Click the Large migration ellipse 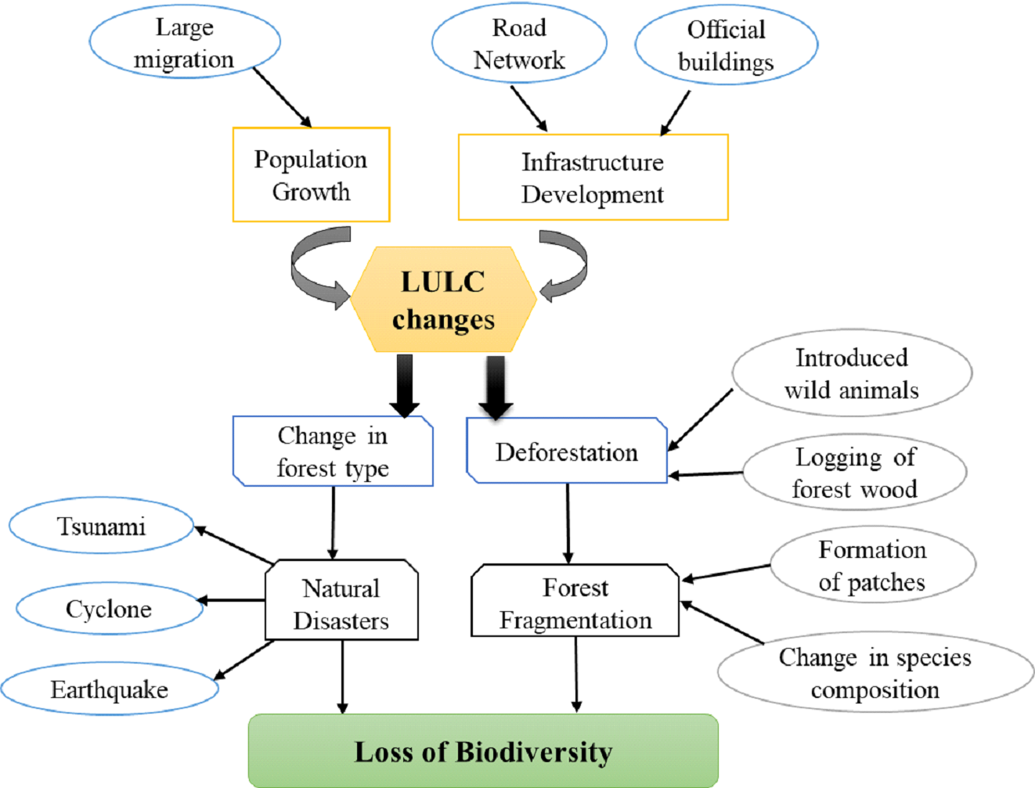tap(185, 43)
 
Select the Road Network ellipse tap(519, 44)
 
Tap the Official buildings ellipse tap(726, 45)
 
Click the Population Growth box tap(311, 175)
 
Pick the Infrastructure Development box tap(593, 178)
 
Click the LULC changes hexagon tap(443, 300)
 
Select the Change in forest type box tap(333, 452)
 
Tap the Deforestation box tap(567, 452)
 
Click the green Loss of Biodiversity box tap(483, 751)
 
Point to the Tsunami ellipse tap(101, 526)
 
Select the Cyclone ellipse tap(109, 608)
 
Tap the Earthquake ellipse tap(110, 689)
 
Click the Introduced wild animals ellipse tap(852, 373)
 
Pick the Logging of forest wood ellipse tap(854, 473)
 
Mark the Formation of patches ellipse tap(872, 565)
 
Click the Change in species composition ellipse tap(875, 673)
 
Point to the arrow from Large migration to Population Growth tap(282, 97)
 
